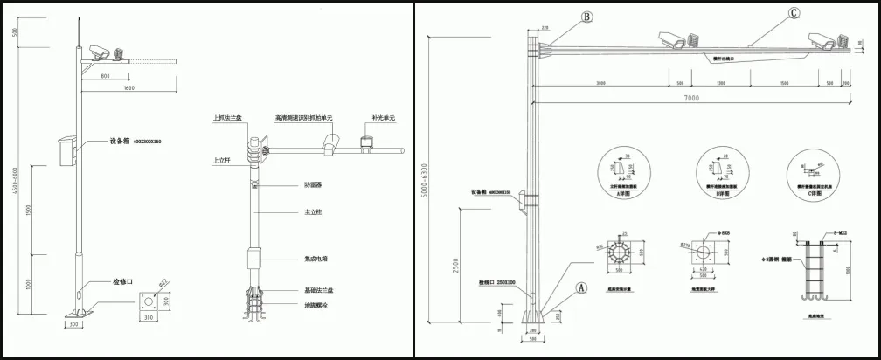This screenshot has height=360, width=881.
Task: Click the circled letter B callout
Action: tap(587, 16)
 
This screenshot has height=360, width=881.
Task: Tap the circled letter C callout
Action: tap(793, 13)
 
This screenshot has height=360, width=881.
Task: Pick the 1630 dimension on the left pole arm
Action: tap(128, 89)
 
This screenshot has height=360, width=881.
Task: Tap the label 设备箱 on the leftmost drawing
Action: tap(120, 141)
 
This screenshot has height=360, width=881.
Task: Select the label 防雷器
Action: tap(314, 184)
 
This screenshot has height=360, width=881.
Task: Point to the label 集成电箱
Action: tap(316, 260)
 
